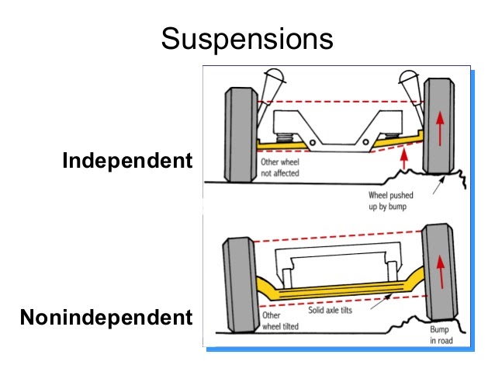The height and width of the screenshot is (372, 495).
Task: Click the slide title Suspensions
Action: click(247, 37)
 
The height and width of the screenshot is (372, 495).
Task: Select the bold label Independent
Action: click(126, 161)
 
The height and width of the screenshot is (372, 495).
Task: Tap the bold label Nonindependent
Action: click(106, 318)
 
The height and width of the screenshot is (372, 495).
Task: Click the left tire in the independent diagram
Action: click(239, 134)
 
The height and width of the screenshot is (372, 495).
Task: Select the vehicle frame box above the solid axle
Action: click(339, 268)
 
